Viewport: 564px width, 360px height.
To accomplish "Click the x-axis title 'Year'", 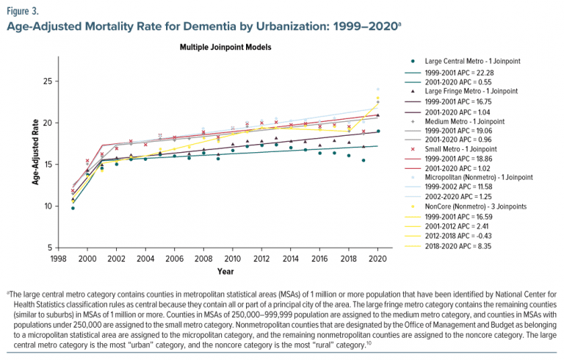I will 225,271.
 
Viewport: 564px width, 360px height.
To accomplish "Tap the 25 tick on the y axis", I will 48,81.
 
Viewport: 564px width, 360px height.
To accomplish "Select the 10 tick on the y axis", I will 48,206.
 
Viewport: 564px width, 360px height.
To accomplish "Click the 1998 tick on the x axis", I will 59,259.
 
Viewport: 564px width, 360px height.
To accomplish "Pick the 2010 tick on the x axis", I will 232,259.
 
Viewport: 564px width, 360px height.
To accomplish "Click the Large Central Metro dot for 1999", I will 73,208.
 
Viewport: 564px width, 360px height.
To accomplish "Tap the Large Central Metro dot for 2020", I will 377,132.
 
